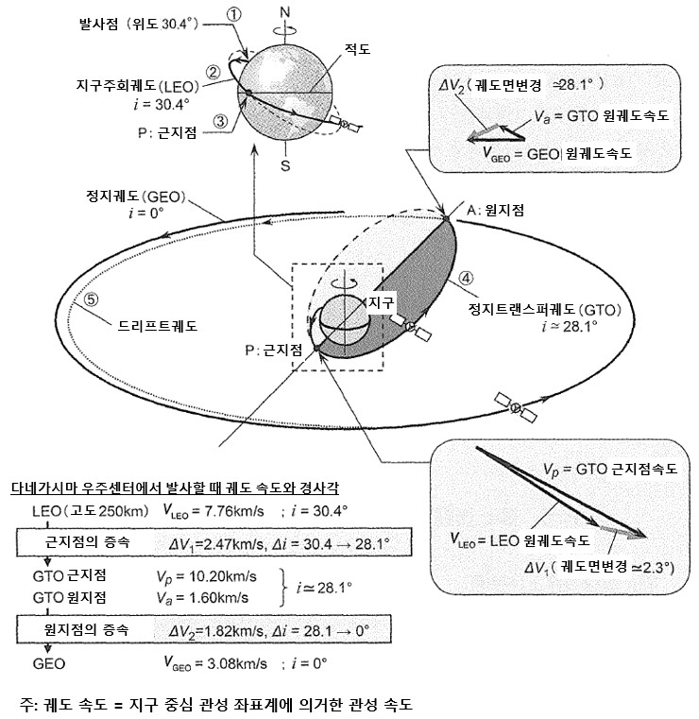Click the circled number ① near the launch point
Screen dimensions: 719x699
pyautogui.click(x=233, y=14)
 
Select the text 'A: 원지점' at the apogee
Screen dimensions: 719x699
pyautogui.click(x=493, y=212)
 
